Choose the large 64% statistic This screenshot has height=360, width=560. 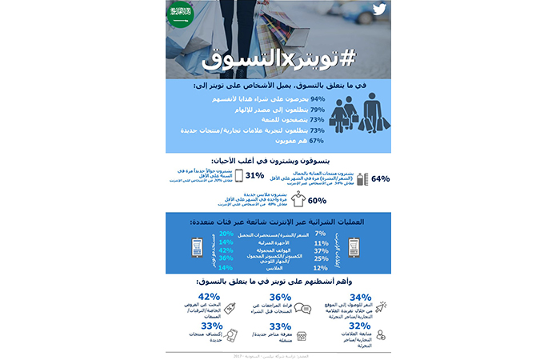(x=381, y=179)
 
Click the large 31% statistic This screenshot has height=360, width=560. (x=255, y=176)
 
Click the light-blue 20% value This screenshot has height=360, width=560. (x=226, y=234)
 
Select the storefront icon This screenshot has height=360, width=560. (x=302, y=334)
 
